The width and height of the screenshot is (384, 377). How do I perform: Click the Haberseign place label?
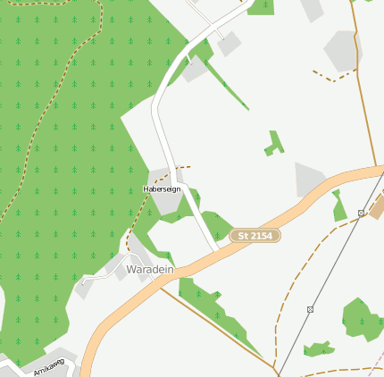162,189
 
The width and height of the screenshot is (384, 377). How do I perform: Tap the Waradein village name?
149,269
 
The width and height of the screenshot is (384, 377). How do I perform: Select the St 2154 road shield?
255,236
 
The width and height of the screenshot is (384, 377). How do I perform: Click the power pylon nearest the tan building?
361,214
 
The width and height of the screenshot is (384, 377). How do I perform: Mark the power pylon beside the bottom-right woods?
310,309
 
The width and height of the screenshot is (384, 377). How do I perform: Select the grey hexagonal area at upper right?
342,50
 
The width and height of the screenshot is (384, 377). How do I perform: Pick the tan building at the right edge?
377,208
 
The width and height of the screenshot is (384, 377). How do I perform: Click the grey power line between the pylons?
335,262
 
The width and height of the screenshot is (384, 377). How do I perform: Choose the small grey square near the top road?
230,44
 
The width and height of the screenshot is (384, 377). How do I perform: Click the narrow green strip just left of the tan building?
338,208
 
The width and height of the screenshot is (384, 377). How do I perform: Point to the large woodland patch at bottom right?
362,317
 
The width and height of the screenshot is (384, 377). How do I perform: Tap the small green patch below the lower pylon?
317,348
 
